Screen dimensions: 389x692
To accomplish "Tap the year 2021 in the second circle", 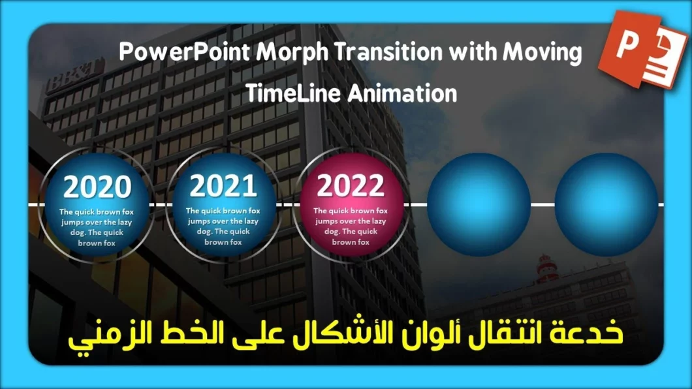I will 223,187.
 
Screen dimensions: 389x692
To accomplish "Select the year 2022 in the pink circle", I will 350,187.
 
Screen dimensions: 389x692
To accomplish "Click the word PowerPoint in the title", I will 175,54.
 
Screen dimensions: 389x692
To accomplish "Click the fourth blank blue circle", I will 478,204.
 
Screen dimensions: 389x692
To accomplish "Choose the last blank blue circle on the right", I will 606,204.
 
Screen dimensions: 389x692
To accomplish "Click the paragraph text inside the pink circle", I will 351,226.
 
